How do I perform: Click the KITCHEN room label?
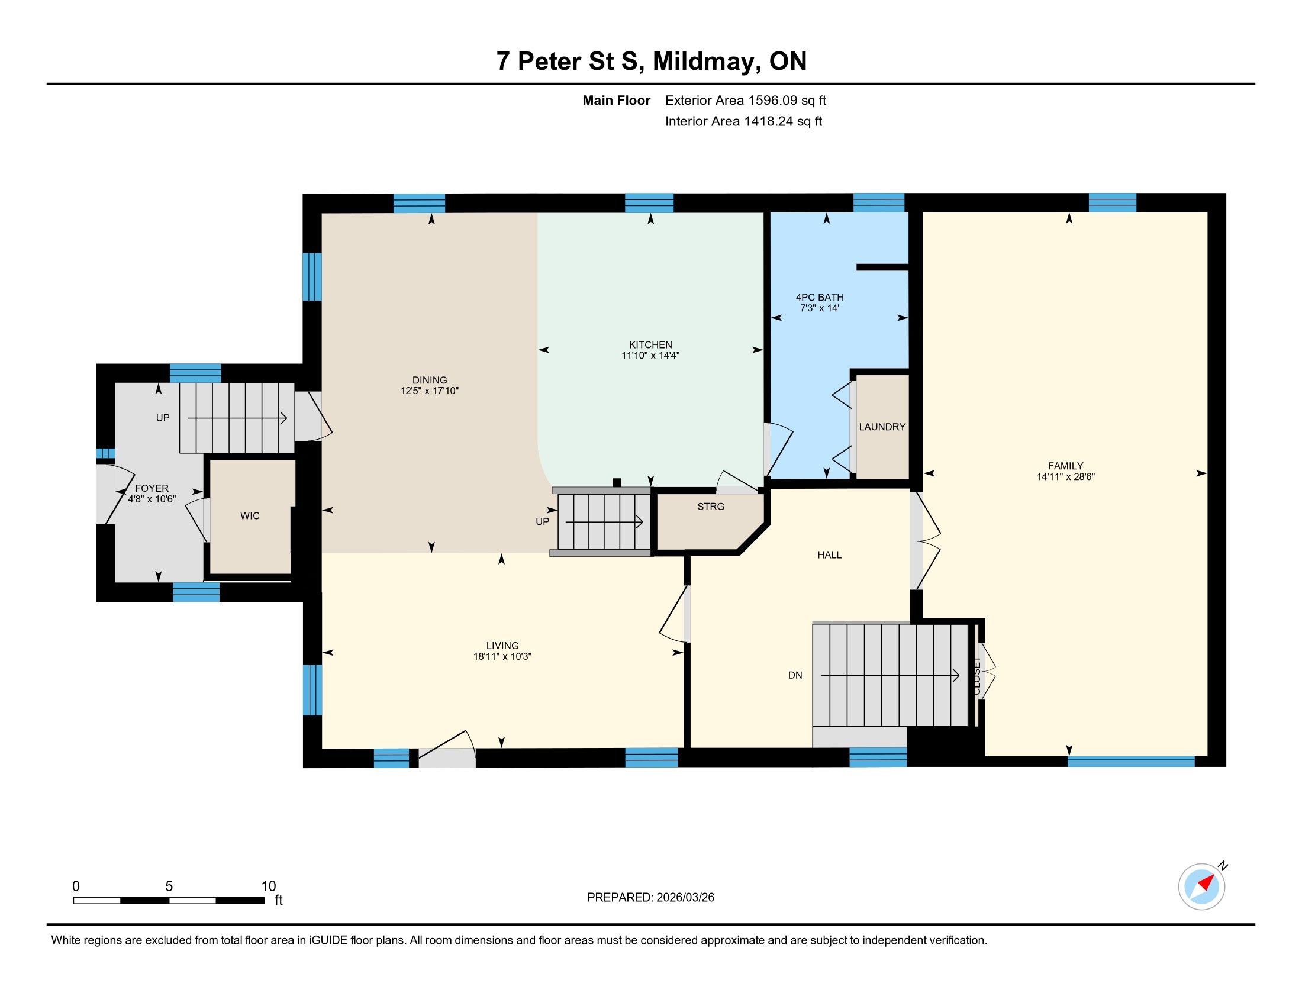point(650,344)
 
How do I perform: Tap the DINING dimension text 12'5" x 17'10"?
point(429,391)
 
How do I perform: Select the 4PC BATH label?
point(820,298)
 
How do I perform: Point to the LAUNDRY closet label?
point(882,427)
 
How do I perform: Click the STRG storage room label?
point(711,507)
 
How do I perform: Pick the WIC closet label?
point(250,516)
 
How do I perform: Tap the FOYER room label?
point(152,489)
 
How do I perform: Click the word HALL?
point(829,555)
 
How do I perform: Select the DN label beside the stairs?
point(795,675)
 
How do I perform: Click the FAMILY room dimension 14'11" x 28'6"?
point(1065,477)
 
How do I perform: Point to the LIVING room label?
point(502,646)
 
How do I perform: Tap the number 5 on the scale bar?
point(169,886)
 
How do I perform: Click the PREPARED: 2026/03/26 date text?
point(650,898)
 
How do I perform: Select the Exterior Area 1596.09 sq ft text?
point(746,100)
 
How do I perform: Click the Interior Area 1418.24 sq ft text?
point(743,121)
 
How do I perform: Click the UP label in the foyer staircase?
point(163,418)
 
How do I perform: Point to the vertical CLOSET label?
point(977,676)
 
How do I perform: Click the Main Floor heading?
point(617,100)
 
